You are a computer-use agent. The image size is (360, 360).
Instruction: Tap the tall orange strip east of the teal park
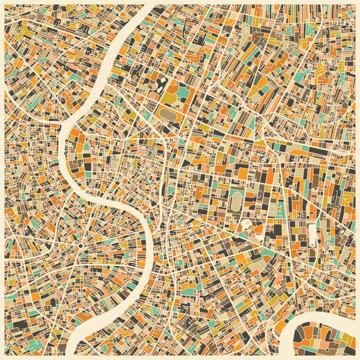(191, 90)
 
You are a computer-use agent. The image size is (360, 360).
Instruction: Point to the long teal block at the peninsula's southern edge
(324, 354)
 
